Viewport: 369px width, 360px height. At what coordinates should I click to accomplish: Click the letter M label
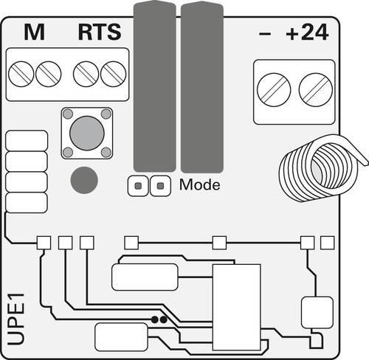click(34, 32)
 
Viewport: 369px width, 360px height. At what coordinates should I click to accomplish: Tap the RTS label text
click(100, 32)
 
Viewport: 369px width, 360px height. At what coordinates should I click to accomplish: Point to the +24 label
click(307, 32)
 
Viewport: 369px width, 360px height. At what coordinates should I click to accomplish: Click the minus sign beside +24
click(265, 34)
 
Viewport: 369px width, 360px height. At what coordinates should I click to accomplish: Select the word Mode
click(200, 184)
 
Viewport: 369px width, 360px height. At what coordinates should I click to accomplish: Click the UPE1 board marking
click(16, 319)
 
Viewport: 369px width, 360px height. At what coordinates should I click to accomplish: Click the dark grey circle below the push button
click(84, 180)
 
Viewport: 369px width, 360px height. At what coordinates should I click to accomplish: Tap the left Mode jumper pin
click(138, 186)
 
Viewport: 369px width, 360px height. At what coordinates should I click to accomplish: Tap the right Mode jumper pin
click(160, 186)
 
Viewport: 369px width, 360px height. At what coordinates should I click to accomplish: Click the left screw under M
click(21, 74)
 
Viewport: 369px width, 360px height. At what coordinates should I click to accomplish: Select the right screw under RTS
click(114, 74)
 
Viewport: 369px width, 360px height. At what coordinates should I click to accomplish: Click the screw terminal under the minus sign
click(274, 90)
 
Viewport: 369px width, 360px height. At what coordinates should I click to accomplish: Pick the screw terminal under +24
click(316, 90)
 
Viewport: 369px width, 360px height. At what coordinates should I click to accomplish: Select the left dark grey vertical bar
click(155, 86)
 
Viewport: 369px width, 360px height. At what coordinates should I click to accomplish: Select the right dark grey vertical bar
click(202, 86)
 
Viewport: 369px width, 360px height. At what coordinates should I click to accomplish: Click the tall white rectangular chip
click(237, 308)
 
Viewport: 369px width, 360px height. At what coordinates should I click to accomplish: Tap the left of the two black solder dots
click(155, 319)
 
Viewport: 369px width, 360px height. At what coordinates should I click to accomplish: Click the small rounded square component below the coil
click(317, 313)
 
